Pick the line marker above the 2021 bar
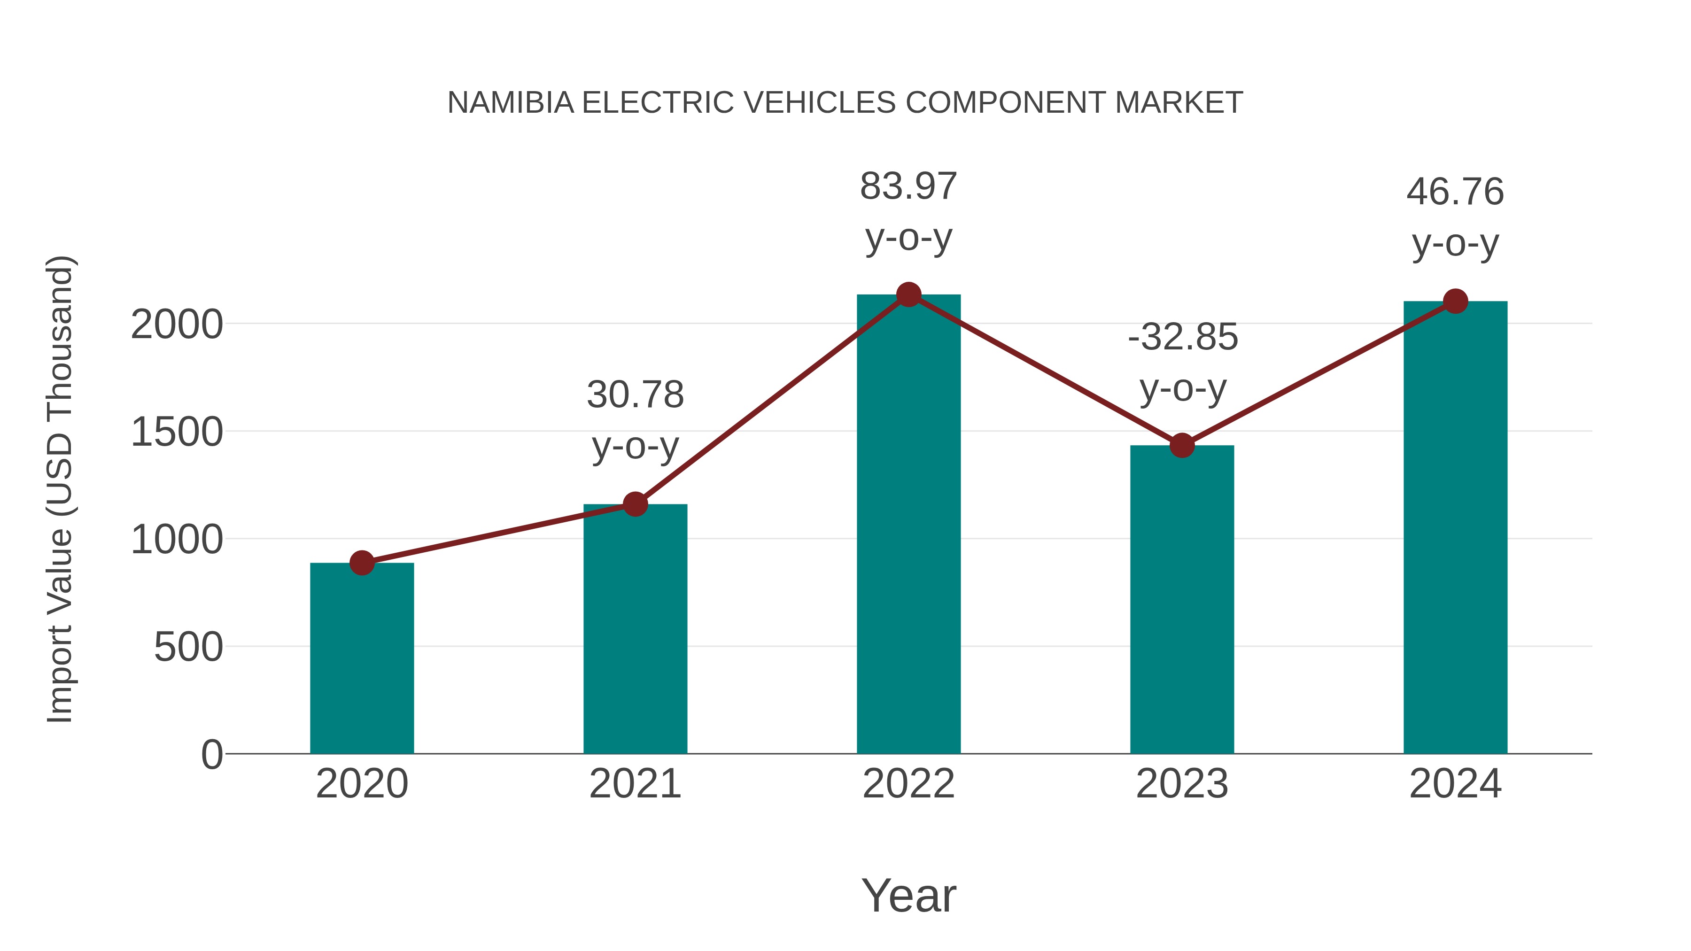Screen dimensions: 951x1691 pyautogui.click(x=635, y=504)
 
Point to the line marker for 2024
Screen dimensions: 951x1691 pyautogui.click(x=1455, y=301)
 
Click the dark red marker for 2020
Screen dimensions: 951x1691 pyautogui.click(x=362, y=563)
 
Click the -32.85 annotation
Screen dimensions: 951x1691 pyautogui.click(x=1183, y=337)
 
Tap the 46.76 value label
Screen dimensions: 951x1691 pyautogui.click(x=1455, y=192)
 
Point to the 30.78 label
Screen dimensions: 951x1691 pyautogui.click(x=635, y=394)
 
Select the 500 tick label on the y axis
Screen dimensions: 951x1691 pyautogui.click(x=188, y=647)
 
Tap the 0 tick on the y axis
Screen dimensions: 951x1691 pyautogui.click(x=211, y=754)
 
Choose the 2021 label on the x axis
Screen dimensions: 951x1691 pyautogui.click(x=635, y=784)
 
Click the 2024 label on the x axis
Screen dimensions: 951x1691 pyautogui.click(x=1455, y=784)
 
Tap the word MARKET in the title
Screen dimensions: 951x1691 pyautogui.click(x=1179, y=103)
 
